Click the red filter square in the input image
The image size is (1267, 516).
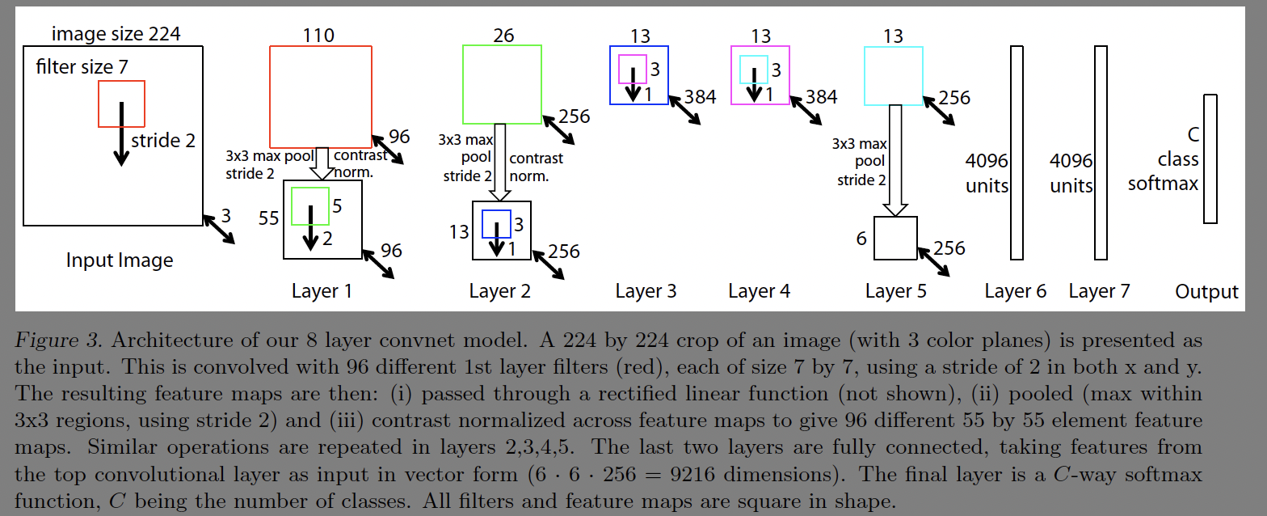point(121,104)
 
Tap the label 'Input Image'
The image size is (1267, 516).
point(120,260)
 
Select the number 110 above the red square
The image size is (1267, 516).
point(318,35)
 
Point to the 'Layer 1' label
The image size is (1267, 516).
point(322,291)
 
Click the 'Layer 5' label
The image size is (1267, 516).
point(895,291)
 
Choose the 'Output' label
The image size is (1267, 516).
point(1206,292)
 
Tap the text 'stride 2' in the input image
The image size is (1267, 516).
point(163,141)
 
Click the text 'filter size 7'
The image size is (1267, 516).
point(82,67)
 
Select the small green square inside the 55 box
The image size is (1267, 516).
point(309,206)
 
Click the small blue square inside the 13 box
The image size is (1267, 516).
point(496,224)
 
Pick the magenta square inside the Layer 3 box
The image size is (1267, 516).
point(633,70)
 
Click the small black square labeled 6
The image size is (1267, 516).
point(895,238)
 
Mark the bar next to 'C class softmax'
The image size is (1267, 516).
point(1210,159)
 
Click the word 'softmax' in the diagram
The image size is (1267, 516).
point(1163,184)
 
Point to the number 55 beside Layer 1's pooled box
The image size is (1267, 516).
point(268,218)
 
